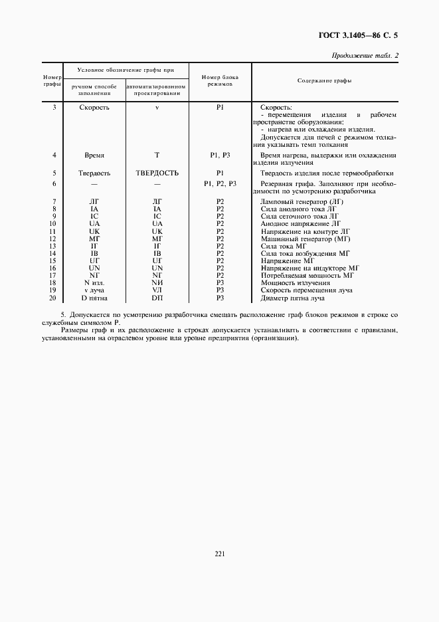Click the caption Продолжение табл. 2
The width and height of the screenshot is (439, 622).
364,56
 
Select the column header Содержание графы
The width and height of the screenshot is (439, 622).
324,80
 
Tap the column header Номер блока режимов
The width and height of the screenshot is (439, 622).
220,81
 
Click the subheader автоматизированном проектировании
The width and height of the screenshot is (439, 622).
157,90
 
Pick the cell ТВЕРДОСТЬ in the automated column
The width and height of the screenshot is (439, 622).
157,173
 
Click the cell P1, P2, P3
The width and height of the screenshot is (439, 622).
220,183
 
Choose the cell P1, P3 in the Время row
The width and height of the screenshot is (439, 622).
220,155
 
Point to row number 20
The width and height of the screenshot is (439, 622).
53,297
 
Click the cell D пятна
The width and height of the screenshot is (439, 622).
93,297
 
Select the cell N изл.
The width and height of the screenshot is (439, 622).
93,282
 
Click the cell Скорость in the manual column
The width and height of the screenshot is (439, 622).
94,107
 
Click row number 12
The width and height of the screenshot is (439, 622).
53,239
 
